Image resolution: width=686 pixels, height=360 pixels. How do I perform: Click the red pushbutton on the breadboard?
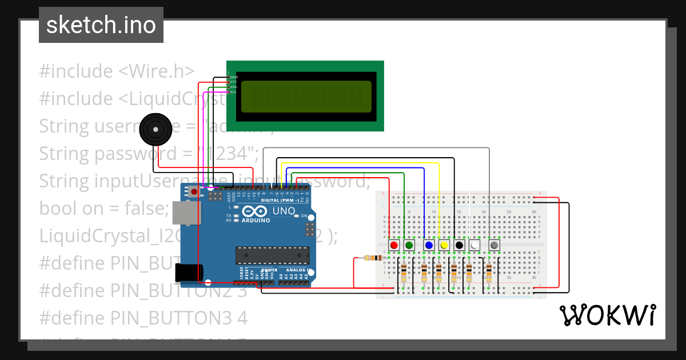click(393, 245)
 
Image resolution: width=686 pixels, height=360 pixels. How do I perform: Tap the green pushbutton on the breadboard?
click(409, 245)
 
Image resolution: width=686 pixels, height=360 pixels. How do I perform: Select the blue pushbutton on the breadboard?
click(429, 245)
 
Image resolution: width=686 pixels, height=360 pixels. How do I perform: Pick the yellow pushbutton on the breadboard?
click(444, 245)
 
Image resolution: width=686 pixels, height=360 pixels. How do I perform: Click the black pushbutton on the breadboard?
click(459, 245)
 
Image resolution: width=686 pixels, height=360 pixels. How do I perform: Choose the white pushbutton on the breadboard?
click(474, 245)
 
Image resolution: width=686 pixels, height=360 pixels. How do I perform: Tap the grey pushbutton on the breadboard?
click(494, 245)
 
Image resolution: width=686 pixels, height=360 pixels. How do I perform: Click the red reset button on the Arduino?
click(194, 192)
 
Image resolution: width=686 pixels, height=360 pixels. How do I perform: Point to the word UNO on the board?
click(284, 211)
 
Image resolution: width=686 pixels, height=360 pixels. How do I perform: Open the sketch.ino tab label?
click(101, 25)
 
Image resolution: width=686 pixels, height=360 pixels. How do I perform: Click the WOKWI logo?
click(607, 315)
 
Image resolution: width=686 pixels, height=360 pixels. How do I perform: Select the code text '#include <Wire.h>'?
click(117, 71)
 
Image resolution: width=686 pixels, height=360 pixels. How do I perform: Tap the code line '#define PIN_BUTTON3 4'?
click(143, 318)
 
